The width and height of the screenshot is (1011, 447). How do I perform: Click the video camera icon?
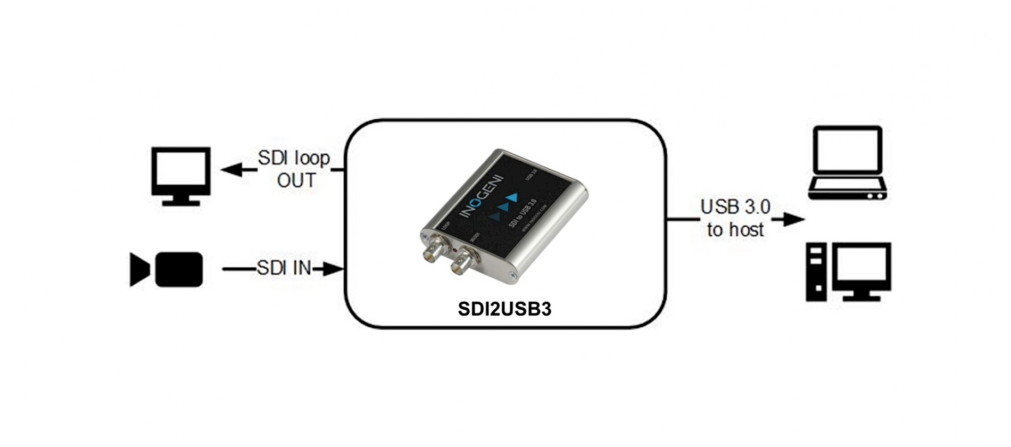[x=167, y=269]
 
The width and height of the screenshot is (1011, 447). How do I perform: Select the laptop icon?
[x=847, y=163]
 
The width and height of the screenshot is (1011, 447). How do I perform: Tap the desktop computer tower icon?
[x=816, y=272]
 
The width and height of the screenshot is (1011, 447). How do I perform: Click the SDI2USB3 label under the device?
[x=504, y=309]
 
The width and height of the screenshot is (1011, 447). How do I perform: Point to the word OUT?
[x=296, y=181]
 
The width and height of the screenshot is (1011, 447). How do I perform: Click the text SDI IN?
[x=284, y=268]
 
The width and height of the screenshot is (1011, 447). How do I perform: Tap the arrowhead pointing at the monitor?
[x=231, y=170]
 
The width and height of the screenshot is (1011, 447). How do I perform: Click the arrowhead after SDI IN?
[x=333, y=269]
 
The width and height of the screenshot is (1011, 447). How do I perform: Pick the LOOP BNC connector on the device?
[x=433, y=250]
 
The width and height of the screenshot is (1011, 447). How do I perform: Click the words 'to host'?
[x=735, y=230]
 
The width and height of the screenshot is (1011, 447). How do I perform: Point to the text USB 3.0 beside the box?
[x=735, y=207]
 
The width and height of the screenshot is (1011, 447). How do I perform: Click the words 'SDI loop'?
[x=294, y=158]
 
